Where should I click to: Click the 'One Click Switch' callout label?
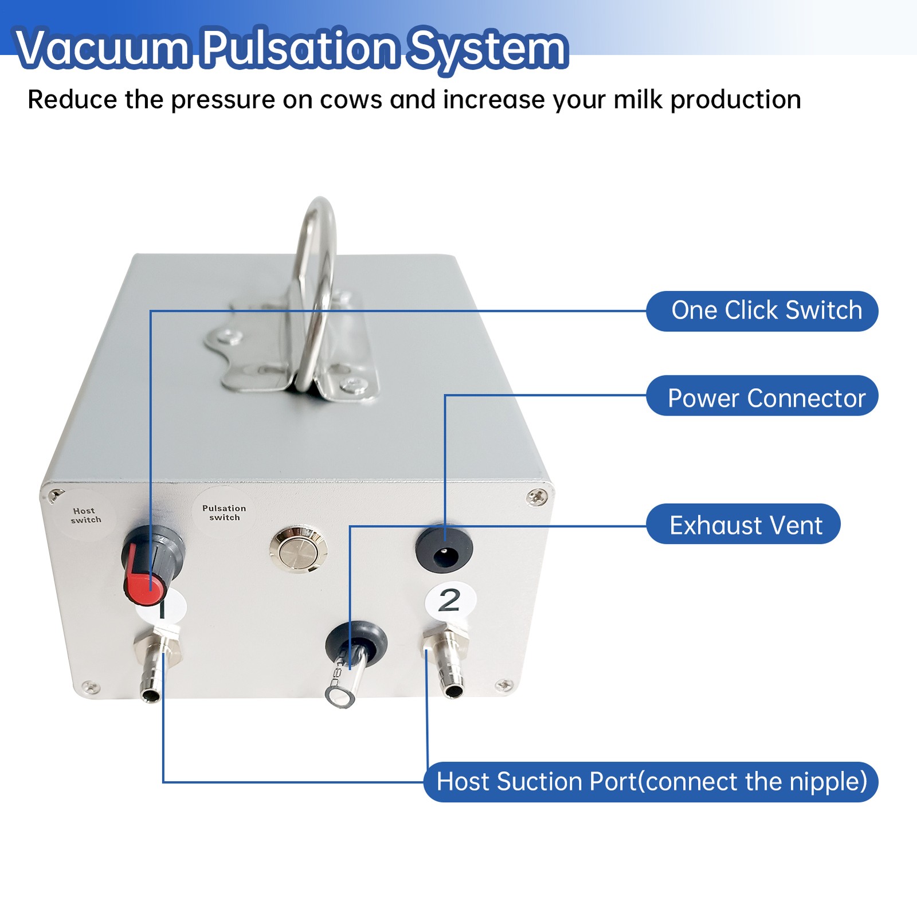762,311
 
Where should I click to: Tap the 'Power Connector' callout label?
762,397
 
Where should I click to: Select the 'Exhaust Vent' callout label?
744,524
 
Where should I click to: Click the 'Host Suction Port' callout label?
651,782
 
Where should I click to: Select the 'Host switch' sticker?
86,515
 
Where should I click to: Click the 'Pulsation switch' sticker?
224,512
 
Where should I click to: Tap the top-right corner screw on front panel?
536,497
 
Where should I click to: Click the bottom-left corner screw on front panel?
90,687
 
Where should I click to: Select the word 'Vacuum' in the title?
102,48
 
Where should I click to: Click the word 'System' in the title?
487,48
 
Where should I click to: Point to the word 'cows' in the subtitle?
350,100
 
